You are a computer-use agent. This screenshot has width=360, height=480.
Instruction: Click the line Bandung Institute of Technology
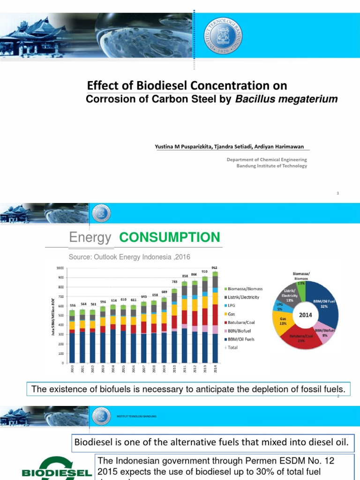[x=273, y=166]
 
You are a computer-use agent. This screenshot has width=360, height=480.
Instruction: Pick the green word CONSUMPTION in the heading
[x=169, y=238]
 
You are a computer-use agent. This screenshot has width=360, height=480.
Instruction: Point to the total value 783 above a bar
[x=174, y=281]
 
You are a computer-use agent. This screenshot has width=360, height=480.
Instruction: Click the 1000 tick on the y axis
[x=59, y=268]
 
